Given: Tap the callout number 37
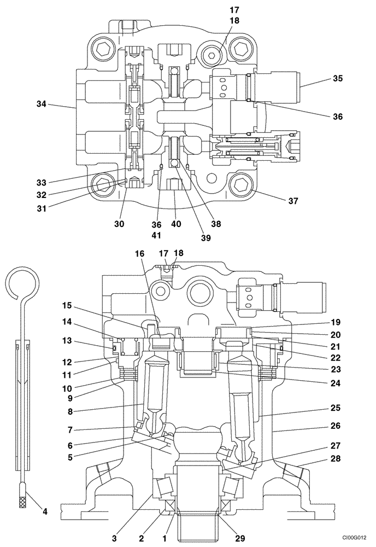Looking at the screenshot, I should pyautogui.click(x=293, y=201).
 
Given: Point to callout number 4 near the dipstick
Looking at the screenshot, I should pyautogui.click(x=45, y=512).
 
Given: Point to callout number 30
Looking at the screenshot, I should pyautogui.click(x=120, y=224).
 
